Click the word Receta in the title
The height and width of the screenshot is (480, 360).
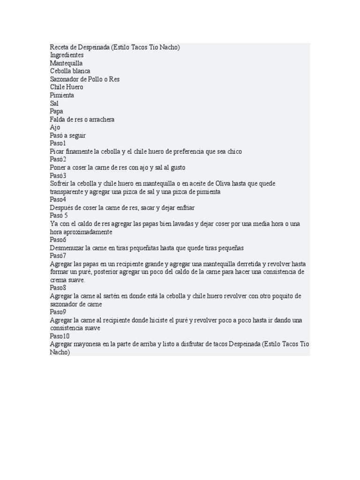60,47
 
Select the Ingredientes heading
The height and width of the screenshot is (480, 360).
67,55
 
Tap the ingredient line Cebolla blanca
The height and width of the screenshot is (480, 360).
70,71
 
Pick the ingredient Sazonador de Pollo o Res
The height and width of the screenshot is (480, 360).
85,79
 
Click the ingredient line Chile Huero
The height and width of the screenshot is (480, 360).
67,87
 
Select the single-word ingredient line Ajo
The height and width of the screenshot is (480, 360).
55,127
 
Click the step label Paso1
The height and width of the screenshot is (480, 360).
58,143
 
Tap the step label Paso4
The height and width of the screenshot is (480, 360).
58,200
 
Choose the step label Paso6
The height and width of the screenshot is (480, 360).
58,240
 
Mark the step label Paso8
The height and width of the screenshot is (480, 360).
58,288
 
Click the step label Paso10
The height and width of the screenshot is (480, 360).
60,336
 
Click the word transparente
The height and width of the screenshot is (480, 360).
67,192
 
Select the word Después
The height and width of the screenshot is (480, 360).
62,208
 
